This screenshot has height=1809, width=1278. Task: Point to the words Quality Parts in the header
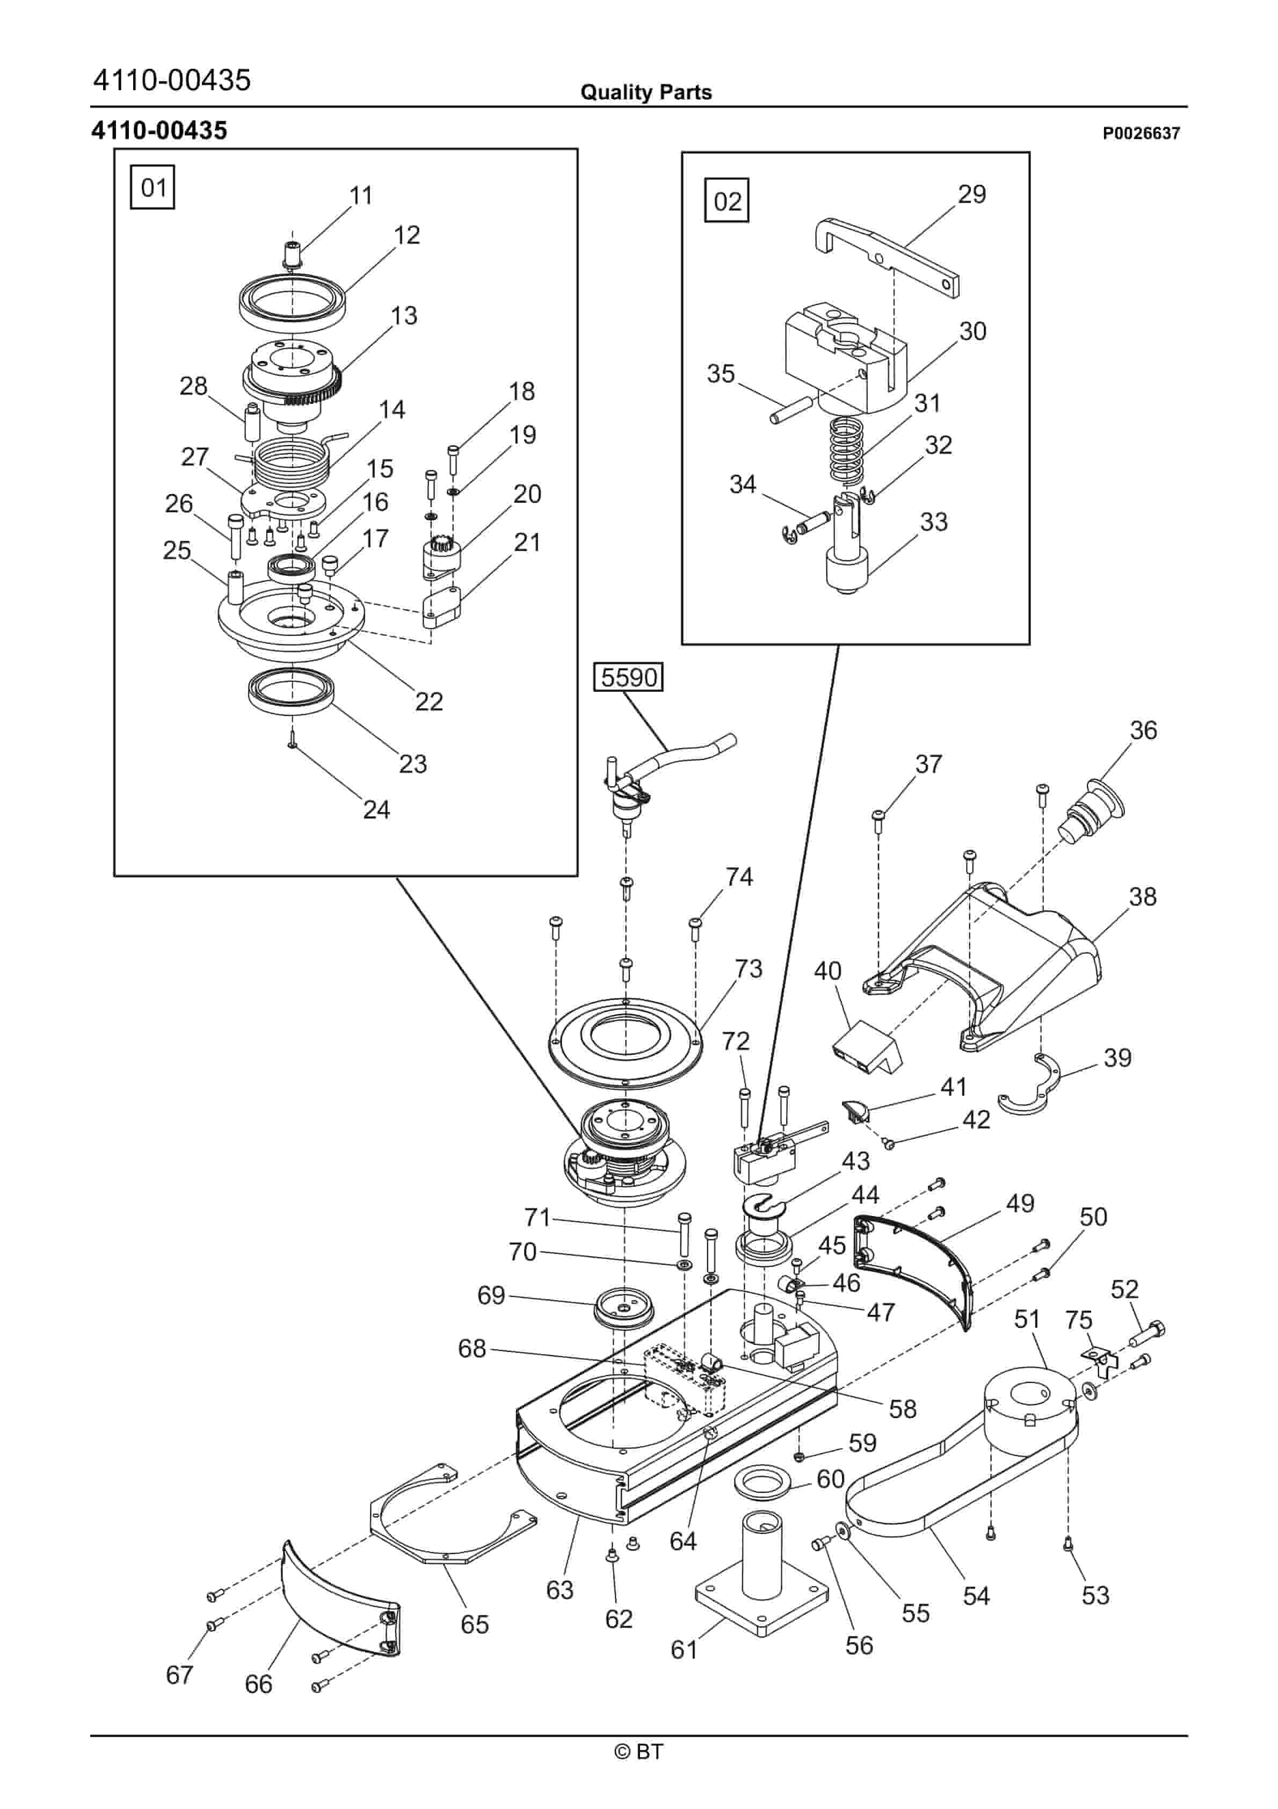645,92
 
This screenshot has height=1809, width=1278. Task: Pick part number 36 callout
1143,730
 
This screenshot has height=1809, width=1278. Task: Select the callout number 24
376,809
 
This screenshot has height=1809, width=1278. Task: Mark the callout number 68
472,1348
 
